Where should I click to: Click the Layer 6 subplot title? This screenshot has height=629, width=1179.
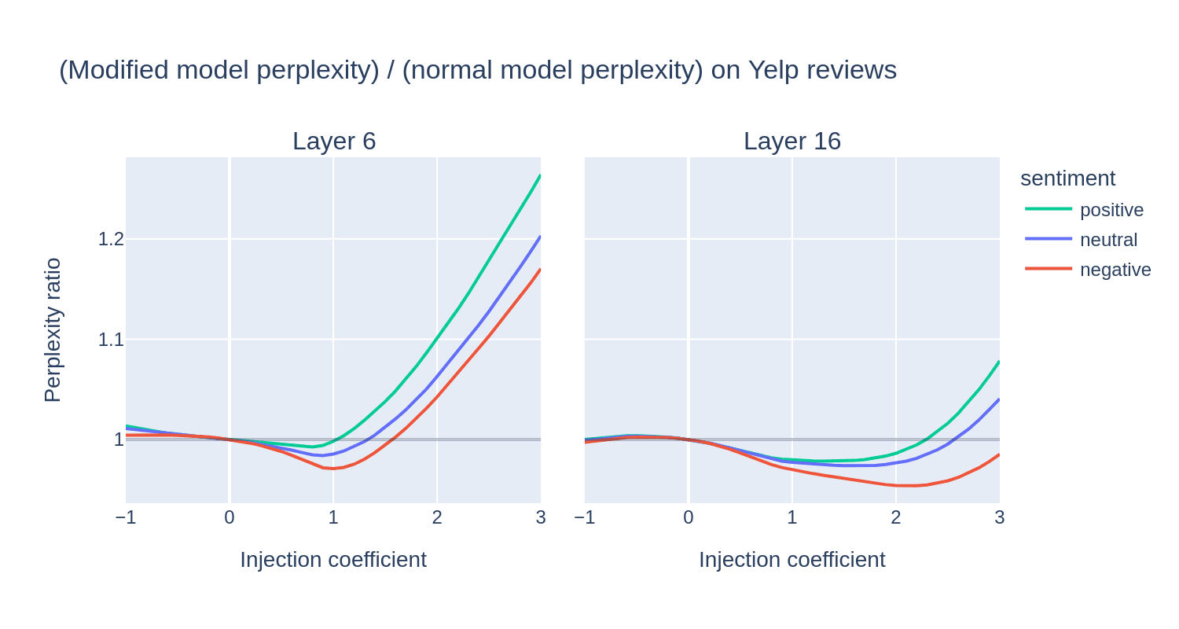click(334, 141)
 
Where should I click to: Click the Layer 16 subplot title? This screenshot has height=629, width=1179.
click(792, 141)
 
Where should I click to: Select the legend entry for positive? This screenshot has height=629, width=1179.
click(1111, 210)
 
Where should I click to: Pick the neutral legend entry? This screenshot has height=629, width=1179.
click(1108, 240)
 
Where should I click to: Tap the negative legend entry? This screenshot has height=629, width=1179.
click(1115, 270)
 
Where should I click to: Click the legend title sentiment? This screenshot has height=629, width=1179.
click(1067, 178)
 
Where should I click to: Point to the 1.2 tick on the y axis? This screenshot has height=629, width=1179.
click(111, 239)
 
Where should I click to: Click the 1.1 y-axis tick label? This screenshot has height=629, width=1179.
click(111, 340)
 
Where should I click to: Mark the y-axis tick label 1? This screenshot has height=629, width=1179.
click(119, 440)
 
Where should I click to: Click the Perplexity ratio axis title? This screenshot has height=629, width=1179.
click(52, 330)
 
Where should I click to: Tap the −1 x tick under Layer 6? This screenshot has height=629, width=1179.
click(126, 517)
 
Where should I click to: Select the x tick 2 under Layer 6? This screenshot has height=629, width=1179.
click(437, 517)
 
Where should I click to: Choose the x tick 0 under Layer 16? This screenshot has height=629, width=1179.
click(689, 517)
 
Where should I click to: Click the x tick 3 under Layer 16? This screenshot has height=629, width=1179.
click(999, 517)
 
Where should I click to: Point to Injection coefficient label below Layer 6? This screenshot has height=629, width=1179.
click(333, 560)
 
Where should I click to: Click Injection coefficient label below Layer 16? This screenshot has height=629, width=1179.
click(792, 560)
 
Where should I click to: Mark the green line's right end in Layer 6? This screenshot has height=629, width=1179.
click(540, 175)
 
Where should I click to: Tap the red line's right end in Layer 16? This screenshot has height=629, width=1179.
click(999, 454)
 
